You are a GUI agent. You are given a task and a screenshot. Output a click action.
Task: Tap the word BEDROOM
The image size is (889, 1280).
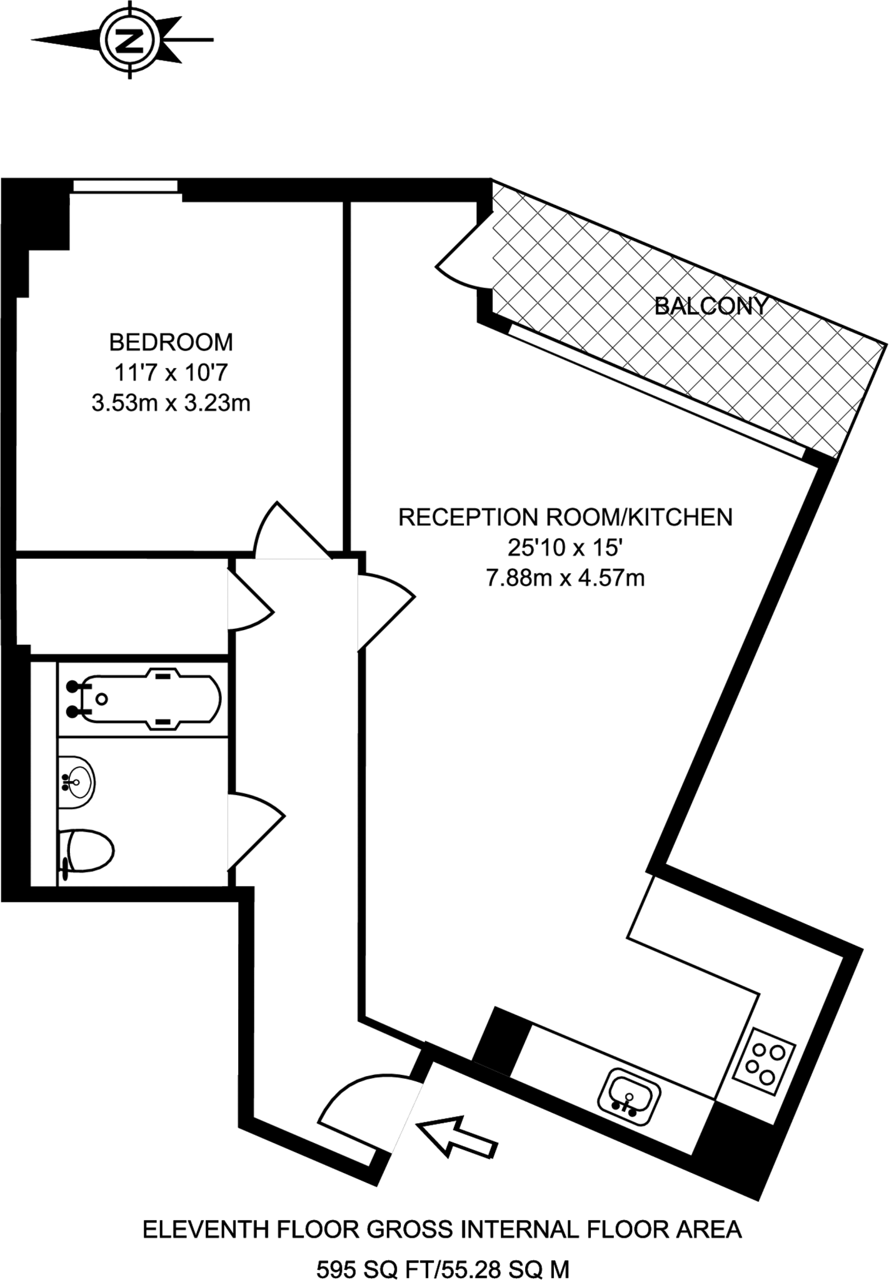pos(171,342)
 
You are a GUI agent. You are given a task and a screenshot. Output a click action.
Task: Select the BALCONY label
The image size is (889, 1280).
pos(710,306)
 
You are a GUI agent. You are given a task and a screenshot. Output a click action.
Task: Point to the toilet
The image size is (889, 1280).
pos(88,851)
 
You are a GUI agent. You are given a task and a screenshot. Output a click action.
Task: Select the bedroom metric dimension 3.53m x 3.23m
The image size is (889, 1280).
pos(171,403)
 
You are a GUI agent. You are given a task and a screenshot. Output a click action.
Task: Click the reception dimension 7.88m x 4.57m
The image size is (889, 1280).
pos(565,578)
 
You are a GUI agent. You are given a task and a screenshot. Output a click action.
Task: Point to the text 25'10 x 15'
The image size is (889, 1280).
pos(565,548)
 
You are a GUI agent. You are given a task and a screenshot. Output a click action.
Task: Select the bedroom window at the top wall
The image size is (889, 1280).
pos(126,185)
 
